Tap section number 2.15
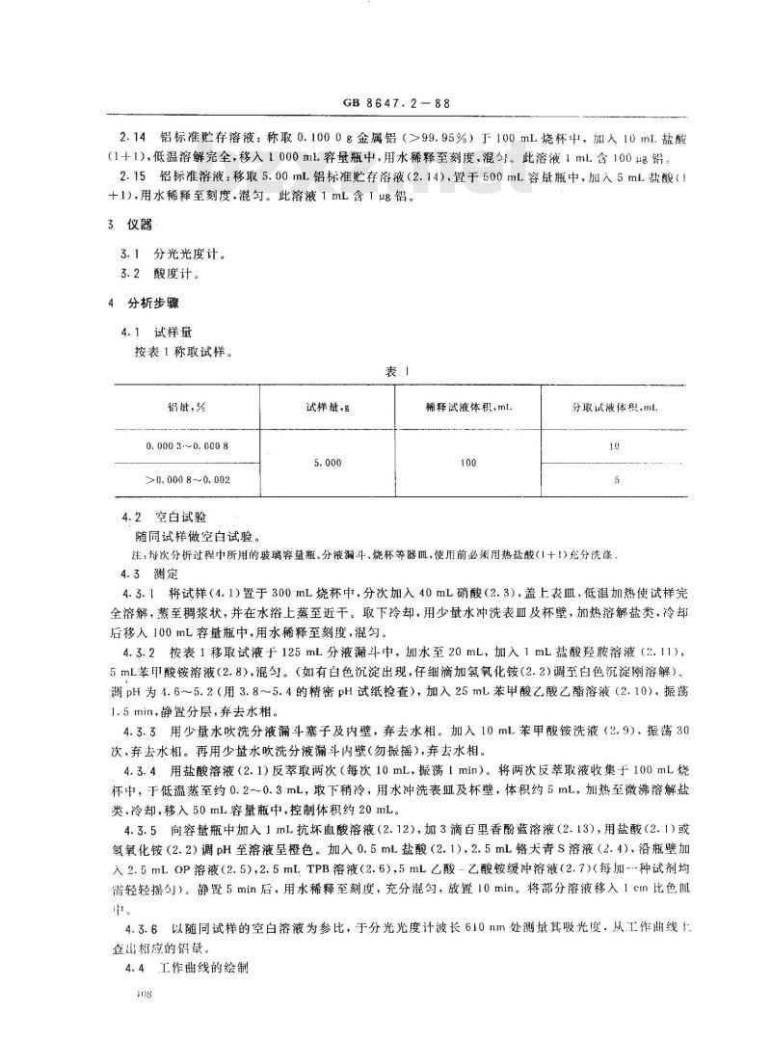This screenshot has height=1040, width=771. point(131,178)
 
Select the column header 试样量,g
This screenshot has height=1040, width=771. point(329,407)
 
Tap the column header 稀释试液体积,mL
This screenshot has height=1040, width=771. point(468,407)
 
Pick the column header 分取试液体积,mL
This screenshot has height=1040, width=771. point(614,407)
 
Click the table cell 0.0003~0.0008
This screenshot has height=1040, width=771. point(186,446)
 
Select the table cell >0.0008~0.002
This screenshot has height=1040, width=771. point(186,479)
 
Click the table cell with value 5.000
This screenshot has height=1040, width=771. point(329,463)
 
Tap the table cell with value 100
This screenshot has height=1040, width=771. point(468,463)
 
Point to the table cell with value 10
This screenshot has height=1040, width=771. point(615,446)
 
